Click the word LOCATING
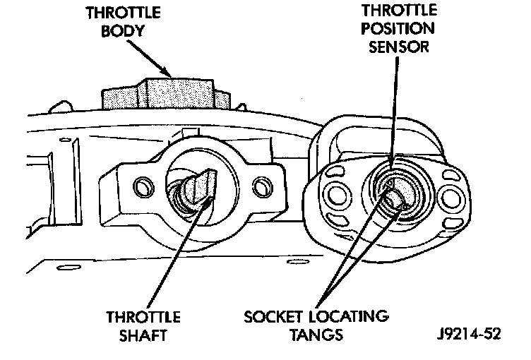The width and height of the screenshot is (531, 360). pos(351,316)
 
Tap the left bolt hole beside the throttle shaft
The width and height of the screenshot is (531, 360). pos(143,188)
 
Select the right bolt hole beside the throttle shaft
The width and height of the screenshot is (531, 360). pos(262,188)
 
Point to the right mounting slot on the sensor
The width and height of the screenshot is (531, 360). pos(446,193)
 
